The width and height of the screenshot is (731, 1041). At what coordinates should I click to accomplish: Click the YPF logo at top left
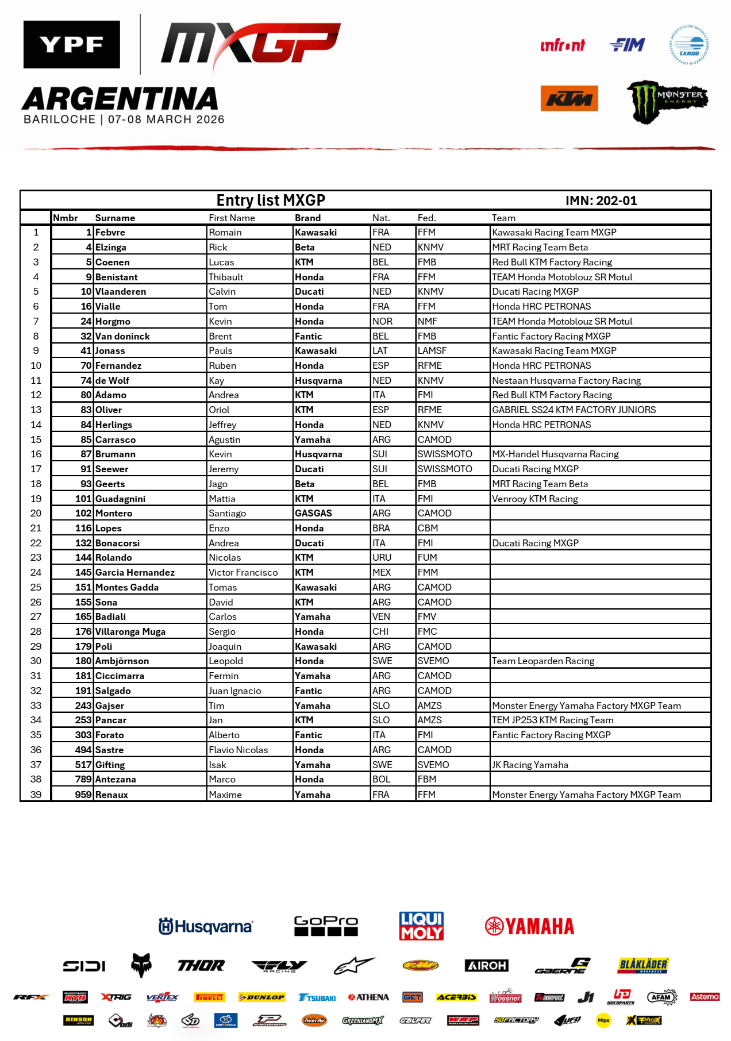tap(72, 44)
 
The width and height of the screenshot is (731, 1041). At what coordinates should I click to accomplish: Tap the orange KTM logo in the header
tap(569, 98)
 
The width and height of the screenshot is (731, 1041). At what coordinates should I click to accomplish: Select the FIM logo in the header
tap(627, 45)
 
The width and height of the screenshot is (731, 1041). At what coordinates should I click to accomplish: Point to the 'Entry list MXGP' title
tap(271, 200)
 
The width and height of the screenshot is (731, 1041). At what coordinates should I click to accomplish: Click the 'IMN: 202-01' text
tap(601, 201)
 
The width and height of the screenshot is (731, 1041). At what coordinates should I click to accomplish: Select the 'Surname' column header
tap(115, 218)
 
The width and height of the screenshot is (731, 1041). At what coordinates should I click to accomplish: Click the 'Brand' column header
tap(307, 218)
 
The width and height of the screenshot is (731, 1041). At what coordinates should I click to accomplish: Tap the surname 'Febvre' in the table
tap(110, 232)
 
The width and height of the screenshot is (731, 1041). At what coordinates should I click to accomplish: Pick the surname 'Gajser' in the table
tap(110, 705)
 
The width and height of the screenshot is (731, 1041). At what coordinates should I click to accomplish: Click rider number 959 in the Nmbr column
tap(83, 795)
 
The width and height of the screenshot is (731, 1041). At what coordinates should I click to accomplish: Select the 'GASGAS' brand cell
tap(313, 513)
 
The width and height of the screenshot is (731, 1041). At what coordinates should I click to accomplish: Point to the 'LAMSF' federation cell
tap(432, 350)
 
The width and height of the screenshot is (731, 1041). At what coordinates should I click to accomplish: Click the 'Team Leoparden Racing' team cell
tap(543, 661)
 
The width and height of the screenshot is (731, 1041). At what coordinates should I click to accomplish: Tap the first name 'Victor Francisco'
tap(243, 572)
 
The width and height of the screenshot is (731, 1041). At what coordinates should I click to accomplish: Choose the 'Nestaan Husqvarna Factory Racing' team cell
tap(566, 380)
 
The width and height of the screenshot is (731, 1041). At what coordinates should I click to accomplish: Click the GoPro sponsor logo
tap(326, 926)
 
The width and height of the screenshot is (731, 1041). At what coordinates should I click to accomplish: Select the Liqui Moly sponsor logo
tap(421, 926)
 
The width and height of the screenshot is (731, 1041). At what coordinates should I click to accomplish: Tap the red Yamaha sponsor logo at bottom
tap(529, 926)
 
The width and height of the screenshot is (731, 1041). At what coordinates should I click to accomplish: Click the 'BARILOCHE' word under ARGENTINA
tap(60, 119)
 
